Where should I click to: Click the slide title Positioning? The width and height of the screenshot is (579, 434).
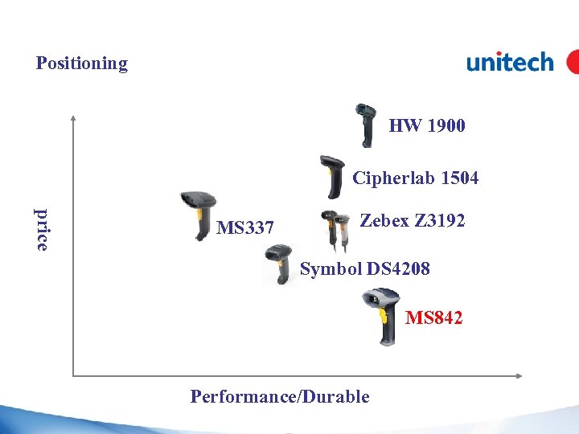[81, 63]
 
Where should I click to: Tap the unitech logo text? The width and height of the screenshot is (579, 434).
[510, 62]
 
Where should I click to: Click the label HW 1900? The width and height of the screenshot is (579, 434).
[427, 125]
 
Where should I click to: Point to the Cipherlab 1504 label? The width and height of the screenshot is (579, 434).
[415, 178]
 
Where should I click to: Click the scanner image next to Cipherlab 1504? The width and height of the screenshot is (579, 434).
[331, 176]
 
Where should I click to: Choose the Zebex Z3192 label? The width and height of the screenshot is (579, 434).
[412, 220]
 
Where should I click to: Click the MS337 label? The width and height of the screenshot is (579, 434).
[245, 229]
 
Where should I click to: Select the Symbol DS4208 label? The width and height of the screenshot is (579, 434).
[364, 268]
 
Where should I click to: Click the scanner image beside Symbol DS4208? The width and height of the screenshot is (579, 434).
[280, 264]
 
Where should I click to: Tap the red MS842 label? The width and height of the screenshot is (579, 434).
[434, 317]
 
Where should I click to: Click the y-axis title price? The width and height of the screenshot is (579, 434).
[41, 229]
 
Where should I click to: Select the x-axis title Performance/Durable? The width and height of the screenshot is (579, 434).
[280, 396]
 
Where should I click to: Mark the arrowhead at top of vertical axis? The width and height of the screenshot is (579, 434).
[73, 117]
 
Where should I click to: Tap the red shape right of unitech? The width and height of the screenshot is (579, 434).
[573, 62]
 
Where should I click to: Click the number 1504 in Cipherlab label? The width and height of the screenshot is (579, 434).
[460, 178]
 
